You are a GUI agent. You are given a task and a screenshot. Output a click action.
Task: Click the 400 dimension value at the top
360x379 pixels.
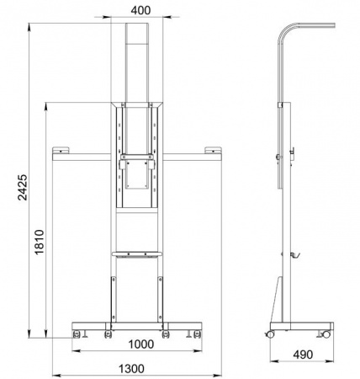pos(140,10)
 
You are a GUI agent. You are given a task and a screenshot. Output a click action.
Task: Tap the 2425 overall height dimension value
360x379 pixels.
pos(23,187)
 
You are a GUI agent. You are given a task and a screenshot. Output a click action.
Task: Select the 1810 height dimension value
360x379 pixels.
pos(40,242)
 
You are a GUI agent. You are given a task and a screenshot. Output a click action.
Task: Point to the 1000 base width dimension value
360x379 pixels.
pos(141,344)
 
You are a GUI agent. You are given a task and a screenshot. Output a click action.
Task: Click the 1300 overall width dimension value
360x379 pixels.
pos(131,369)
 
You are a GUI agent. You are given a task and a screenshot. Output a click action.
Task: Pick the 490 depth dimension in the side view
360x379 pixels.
pos(303,355)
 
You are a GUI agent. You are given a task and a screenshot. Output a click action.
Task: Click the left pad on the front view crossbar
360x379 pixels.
pos(61,150)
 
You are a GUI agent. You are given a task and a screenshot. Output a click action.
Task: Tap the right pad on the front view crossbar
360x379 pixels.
pos(213,150)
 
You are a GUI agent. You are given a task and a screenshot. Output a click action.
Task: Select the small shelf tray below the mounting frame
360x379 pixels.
pos(137,254)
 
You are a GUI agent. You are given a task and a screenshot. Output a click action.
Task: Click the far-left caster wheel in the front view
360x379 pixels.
pos(77,334)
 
